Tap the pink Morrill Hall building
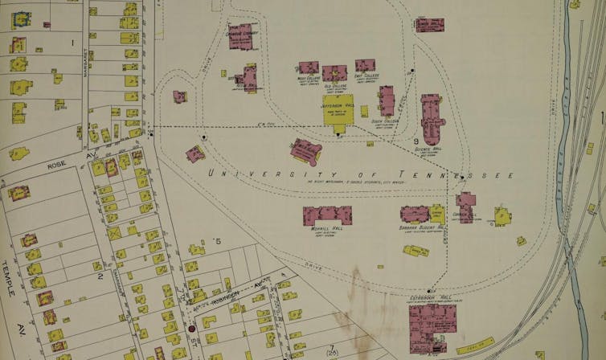pyautogui.click(x=327, y=215)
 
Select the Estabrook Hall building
pyautogui.click(x=432, y=325)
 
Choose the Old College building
pyautogui.click(x=334, y=73)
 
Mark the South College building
pyautogui.click(x=387, y=100)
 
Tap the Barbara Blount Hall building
pyautogui.click(x=416, y=214)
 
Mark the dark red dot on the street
pyautogui.click(x=191, y=329)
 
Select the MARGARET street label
pyautogui.click(x=84, y=67)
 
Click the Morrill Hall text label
pyautogui.click(x=326, y=228)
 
